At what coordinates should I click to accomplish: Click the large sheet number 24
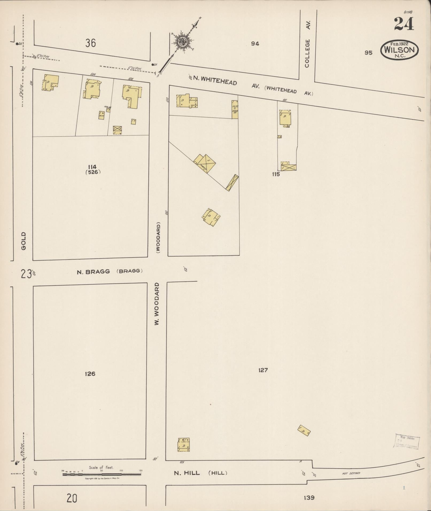[404, 24]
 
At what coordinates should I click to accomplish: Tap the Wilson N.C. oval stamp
[399, 50]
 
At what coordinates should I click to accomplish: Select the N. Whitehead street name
[215, 80]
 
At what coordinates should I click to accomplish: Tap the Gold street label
[24, 241]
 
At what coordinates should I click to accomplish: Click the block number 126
[90, 374]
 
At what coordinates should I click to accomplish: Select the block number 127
[263, 370]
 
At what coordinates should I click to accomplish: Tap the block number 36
[91, 43]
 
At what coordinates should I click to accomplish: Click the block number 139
[309, 498]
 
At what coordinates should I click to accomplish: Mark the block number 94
[255, 44]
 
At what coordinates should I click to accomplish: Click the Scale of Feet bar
[102, 474]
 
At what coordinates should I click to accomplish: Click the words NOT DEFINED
[351, 473]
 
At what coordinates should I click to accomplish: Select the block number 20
[72, 498]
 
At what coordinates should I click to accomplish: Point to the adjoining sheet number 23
[26, 274]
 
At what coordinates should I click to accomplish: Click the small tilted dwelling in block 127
[304, 430]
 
